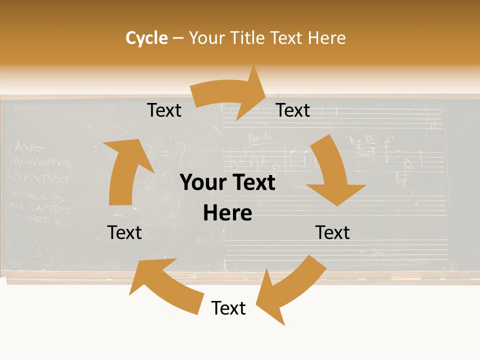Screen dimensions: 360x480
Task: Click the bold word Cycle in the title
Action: coord(146,38)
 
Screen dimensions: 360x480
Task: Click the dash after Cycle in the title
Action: coord(178,38)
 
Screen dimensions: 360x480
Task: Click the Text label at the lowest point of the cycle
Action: coord(228,308)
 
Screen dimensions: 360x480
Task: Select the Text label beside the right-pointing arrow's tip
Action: coord(293,110)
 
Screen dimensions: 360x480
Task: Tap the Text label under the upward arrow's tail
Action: coord(124,232)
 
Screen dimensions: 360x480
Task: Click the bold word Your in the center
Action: coord(202,183)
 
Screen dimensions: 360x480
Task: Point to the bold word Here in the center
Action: coord(227,213)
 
